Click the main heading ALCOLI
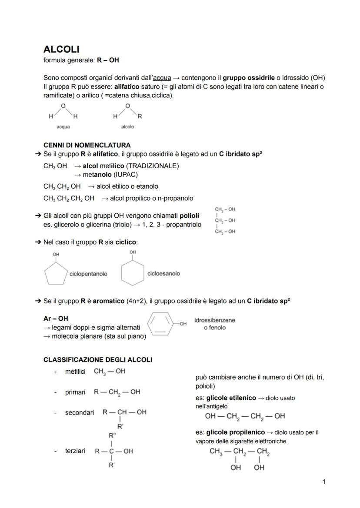(x=61, y=50)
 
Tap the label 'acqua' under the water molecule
(x=63, y=127)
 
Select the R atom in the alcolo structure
(x=140, y=116)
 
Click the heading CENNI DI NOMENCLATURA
(x=87, y=145)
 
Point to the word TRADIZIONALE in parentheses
(x=155, y=166)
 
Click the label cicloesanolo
(x=163, y=274)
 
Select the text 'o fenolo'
(x=215, y=328)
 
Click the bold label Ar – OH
(x=56, y=319)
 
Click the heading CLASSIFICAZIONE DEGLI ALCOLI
(x=98, y=360)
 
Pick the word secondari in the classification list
(x=79, y=412)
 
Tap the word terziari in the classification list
(x=75, y=451)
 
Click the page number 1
(x=324, y=481)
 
